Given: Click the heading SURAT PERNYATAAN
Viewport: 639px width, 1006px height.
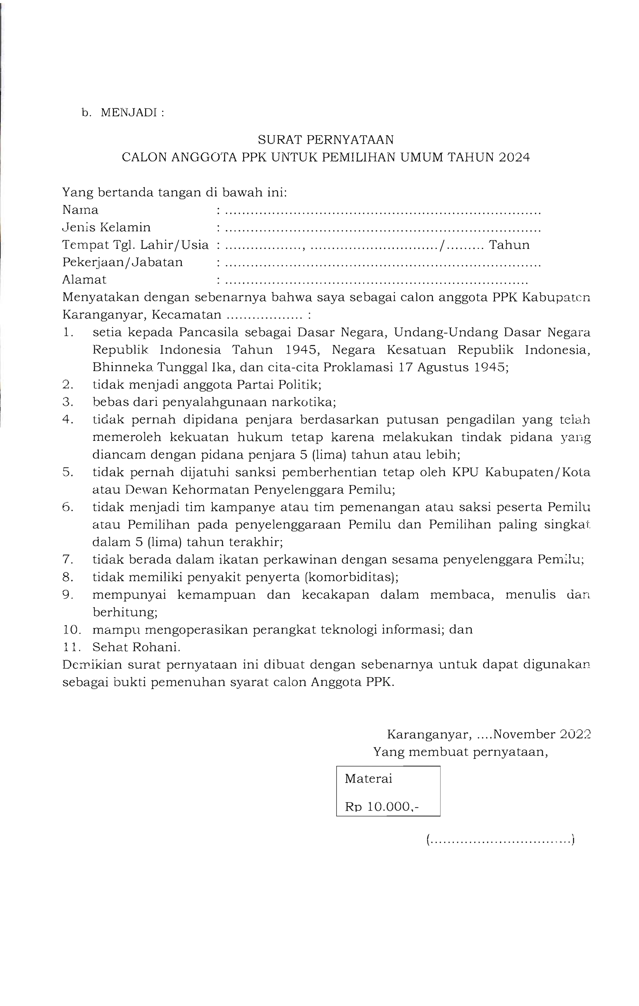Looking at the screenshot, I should (325, 139).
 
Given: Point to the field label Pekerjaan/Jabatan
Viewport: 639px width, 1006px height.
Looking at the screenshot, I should (122, 262).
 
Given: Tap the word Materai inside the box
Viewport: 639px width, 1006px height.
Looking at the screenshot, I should (368, 779).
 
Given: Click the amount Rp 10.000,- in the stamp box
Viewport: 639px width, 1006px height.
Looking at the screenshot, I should (382, 807).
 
